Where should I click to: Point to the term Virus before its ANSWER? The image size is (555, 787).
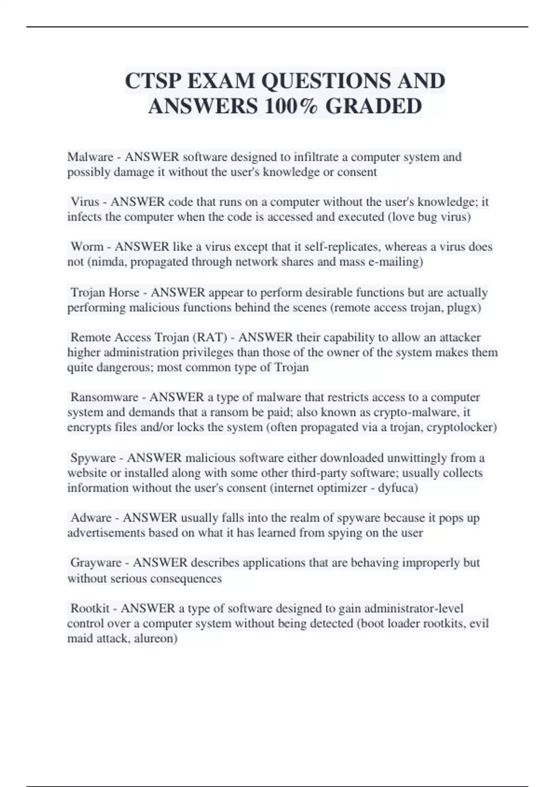pos(85,202)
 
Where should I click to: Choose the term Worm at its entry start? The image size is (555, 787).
pos(87,247)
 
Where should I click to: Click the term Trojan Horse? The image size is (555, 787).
pos(105,293)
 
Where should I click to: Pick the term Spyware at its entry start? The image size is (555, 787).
pos(93,458)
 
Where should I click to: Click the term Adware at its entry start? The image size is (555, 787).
pos(91,518)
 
